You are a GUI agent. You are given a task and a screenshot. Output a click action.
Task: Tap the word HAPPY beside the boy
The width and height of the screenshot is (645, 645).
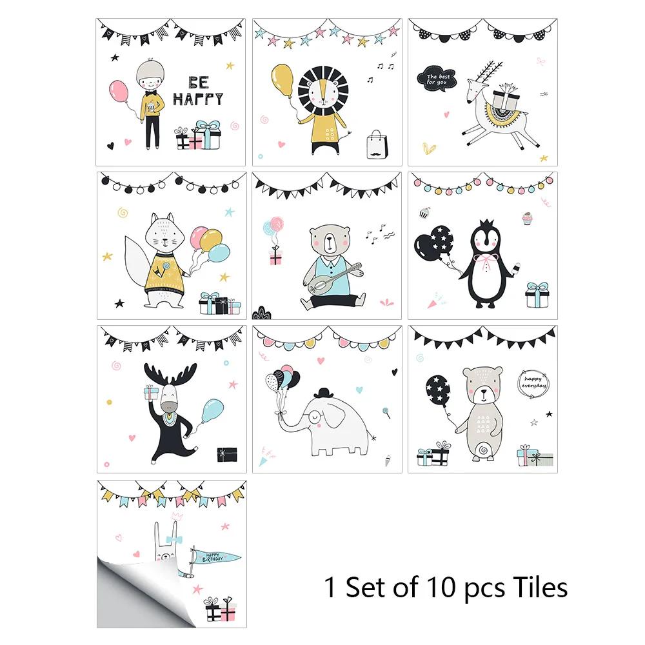click(198, 99)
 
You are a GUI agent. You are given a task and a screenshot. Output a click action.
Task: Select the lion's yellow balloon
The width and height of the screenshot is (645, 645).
click(283, 80)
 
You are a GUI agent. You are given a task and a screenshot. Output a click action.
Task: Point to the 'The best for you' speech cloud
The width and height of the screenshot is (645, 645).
click(437, 79)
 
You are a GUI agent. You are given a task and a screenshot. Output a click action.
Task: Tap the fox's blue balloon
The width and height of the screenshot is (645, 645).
click(219, 253)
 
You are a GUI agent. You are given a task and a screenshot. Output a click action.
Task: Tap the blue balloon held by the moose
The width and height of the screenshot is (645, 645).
click(213, 410)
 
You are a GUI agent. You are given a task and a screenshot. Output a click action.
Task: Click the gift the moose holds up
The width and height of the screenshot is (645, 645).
click(151, 392)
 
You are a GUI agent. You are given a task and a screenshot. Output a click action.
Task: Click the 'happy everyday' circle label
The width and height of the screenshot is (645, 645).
click(533, 383)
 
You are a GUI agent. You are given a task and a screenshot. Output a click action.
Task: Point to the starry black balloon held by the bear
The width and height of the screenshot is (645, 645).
click(438, 390)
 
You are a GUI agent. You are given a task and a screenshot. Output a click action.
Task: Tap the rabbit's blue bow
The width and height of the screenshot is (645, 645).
click(174, 539)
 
